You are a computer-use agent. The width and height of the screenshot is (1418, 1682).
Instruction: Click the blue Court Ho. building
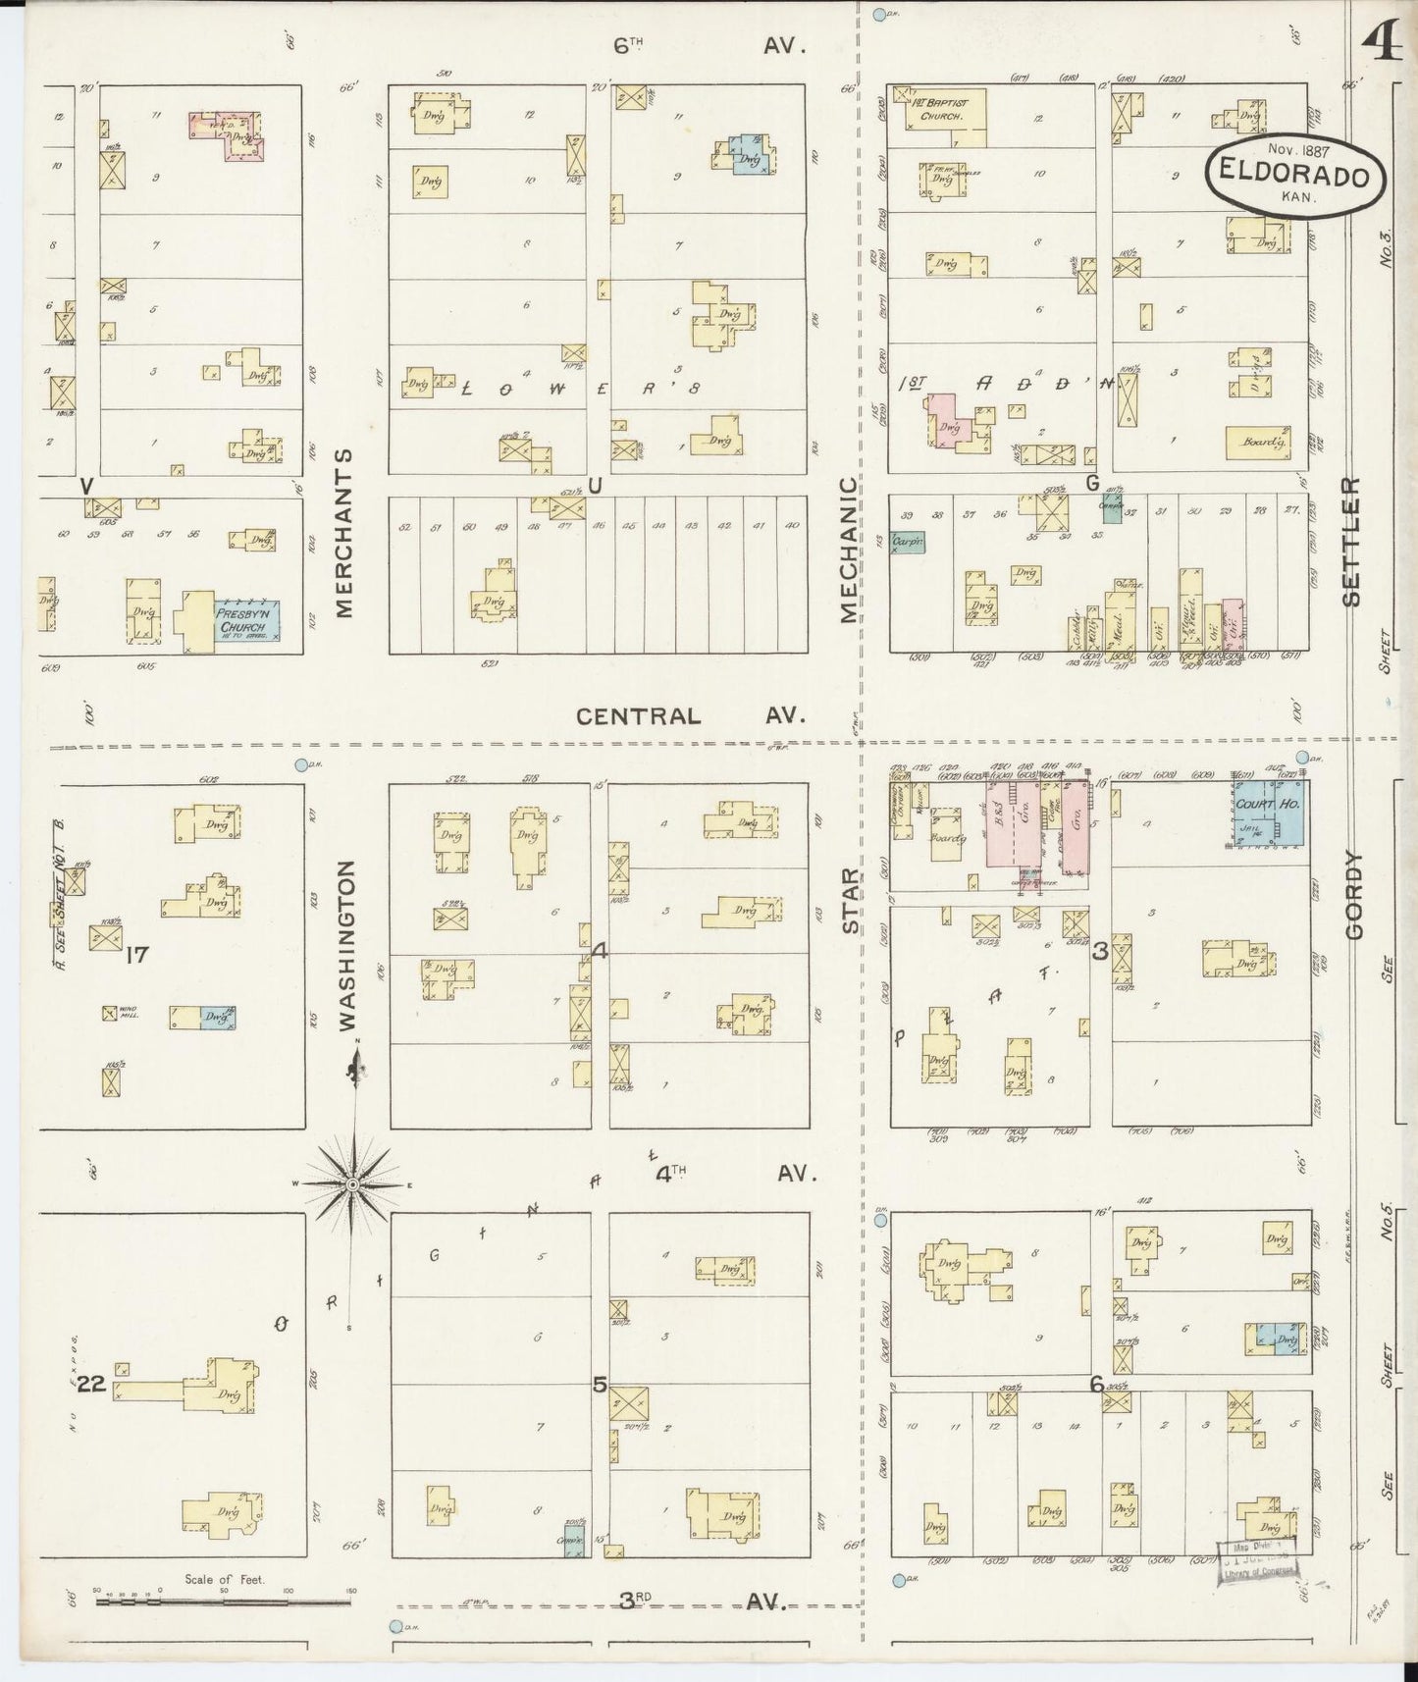click(1269, 814)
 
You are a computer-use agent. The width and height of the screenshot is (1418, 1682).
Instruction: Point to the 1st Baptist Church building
click(937, 115)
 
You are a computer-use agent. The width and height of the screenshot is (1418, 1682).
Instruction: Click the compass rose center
click(352, 1185)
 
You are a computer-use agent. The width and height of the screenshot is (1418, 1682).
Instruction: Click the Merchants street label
click(343, 534)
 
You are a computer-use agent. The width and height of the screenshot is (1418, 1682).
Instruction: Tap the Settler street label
click(1352, 542)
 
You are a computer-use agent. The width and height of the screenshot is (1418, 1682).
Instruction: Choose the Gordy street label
click(1354, 896)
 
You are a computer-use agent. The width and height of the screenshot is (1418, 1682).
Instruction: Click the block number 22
click(92, 1385)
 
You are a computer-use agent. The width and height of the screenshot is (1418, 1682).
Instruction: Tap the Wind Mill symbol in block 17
click(110, 1013)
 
